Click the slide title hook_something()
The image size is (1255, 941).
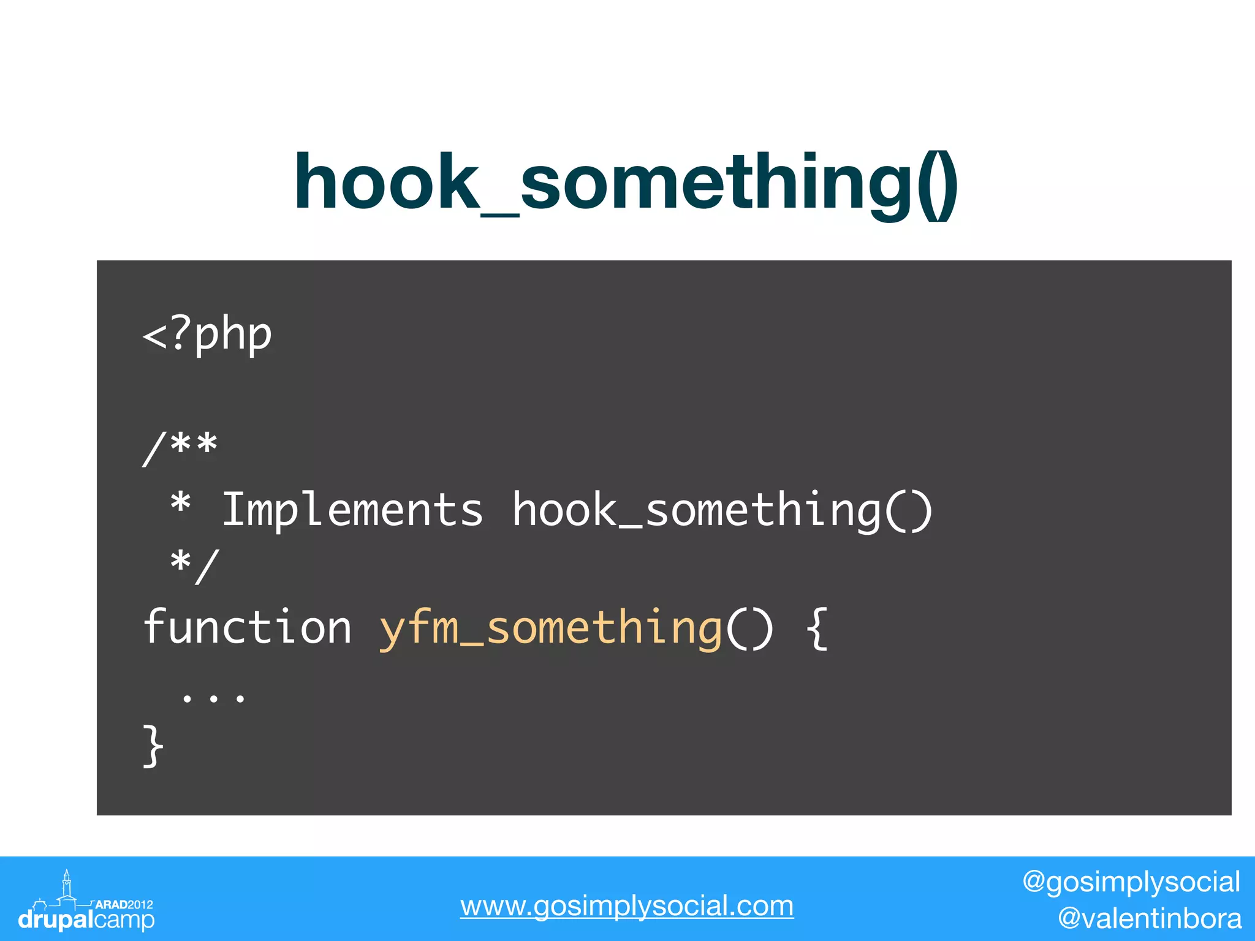[625, 183]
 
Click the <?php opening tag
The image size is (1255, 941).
[207, 335]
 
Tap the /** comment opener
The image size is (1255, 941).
[180, 447]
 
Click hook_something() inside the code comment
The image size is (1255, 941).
[722, 510]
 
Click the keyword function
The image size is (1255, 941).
[248, 627]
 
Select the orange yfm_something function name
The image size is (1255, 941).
[550, 629]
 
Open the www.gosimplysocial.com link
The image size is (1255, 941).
[627, 905]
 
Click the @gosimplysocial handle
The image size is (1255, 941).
[1131, 882]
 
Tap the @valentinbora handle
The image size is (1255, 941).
[1150, 918]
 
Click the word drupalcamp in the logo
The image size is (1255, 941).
[86, 920]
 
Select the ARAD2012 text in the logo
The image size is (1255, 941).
[124, 904]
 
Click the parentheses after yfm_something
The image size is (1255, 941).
[749, 627]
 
